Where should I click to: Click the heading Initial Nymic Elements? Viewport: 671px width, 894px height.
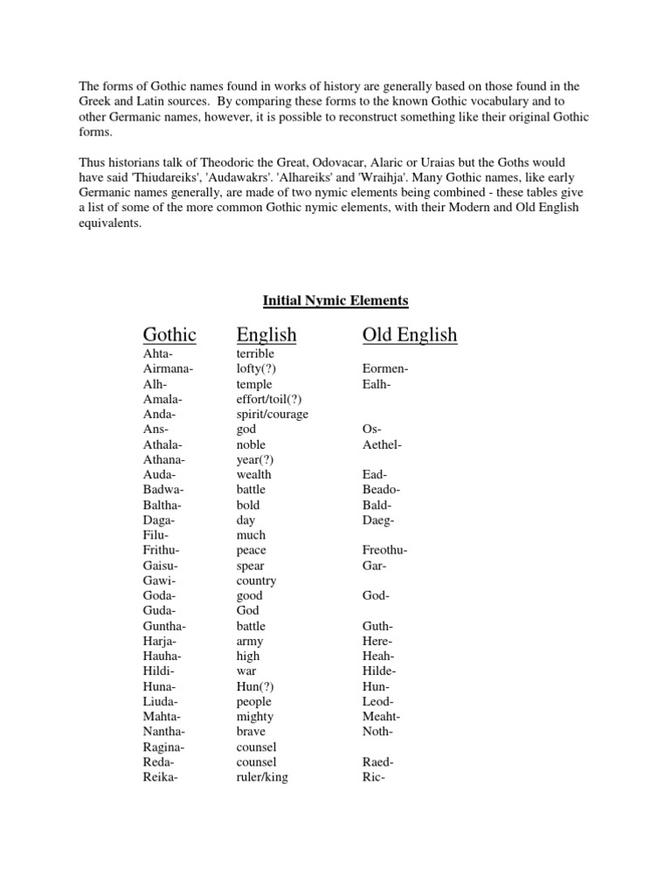335,301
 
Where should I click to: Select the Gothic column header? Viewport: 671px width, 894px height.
169,334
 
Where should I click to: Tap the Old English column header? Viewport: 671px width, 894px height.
410,334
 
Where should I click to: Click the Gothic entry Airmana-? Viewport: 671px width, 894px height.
168,369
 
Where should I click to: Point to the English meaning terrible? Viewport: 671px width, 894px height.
255,354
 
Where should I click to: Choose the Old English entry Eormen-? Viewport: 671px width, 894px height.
385,369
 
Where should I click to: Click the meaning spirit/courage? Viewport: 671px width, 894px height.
272,415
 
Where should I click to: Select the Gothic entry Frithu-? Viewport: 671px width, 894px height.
165,550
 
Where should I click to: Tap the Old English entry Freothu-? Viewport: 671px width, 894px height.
385,550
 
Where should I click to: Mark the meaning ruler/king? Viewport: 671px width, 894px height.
262,777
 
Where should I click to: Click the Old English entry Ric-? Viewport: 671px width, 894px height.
373,777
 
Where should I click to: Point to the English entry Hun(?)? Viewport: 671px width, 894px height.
254,686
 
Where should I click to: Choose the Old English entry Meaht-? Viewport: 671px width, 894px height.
381,717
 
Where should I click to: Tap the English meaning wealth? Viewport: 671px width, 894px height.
254,475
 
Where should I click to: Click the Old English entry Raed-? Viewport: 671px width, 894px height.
377,762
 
